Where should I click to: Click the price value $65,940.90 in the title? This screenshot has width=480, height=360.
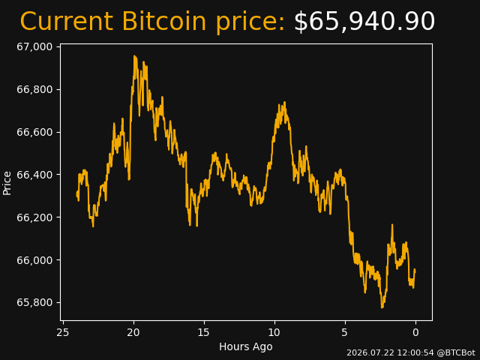point(364,22)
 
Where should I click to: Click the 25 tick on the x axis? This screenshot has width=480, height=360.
point(63,332)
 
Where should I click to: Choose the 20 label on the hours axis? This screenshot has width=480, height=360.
point(133,332)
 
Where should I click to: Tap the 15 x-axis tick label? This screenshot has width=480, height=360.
point(204,332)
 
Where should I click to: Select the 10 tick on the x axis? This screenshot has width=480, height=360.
point(274,332)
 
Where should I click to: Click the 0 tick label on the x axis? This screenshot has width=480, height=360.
point(415,332)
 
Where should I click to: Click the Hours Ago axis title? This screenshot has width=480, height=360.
point(246,346)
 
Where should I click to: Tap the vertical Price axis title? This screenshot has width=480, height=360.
point(7,183)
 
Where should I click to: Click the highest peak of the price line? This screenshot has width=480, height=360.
point(134,56)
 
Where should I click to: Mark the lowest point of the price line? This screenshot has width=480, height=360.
point(382,307)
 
